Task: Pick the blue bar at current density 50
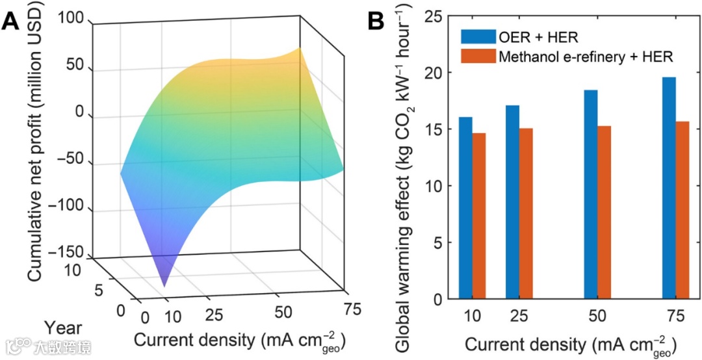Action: (590, 194)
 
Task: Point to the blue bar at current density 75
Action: (669, 188)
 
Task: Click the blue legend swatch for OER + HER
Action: (478, 36)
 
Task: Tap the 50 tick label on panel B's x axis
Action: (597, 316)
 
